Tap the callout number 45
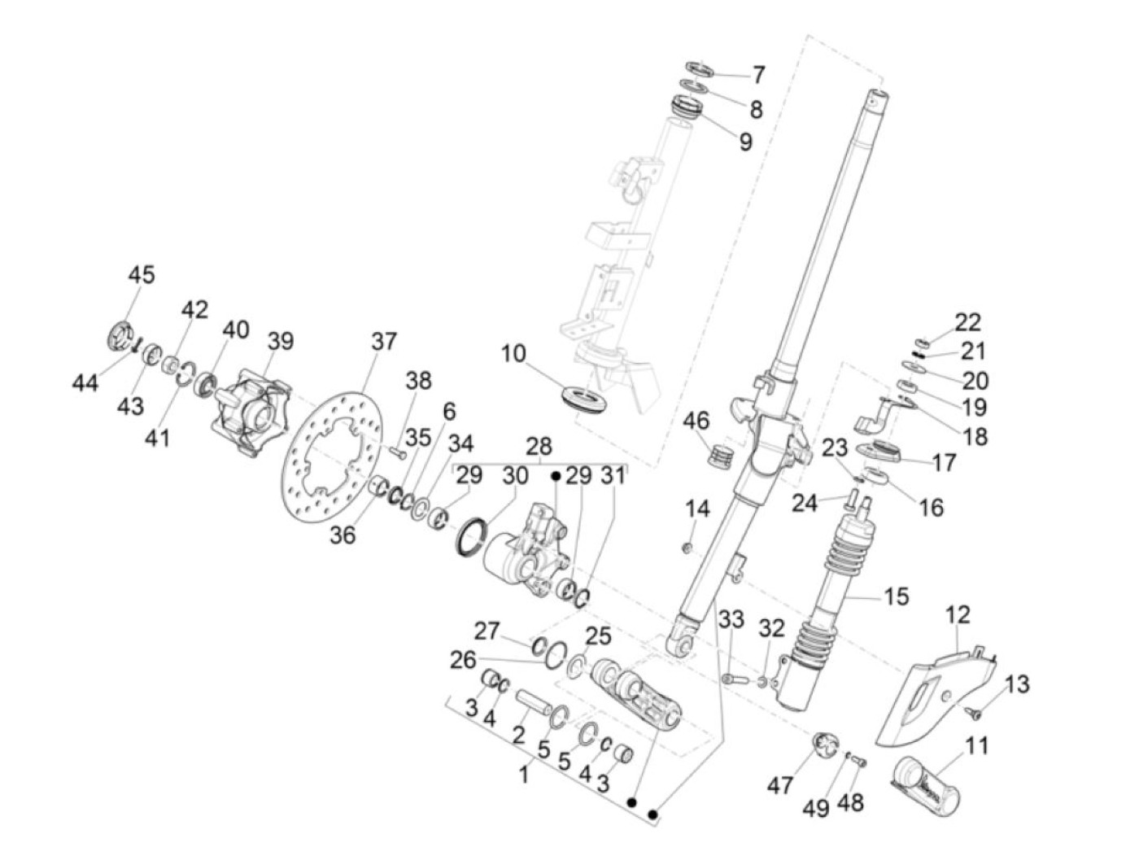[141, 275]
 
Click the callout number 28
[539, 447]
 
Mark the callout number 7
[758, 75]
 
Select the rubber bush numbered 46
[720, 456]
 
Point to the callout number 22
[968, 322]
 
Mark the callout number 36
[343, 535]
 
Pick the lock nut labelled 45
[120, 335]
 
